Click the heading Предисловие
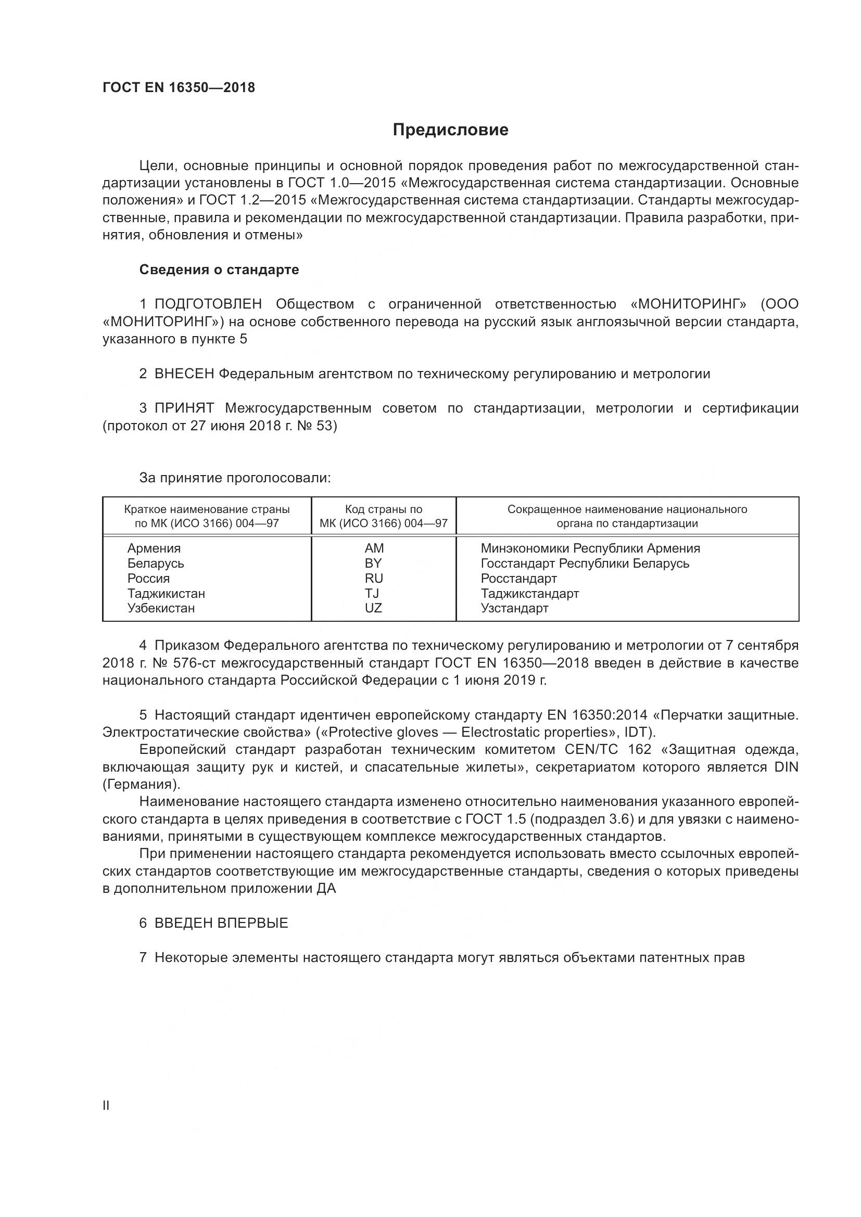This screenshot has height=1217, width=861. (x=450, y=130)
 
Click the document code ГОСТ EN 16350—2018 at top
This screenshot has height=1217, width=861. (x=179, y=87)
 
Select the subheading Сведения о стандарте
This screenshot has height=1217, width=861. (x=219, y=270)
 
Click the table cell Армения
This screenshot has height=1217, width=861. (x=154, y=548)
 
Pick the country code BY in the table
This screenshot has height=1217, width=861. (x=373, y=563)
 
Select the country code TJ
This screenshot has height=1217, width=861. (x=372, y=593)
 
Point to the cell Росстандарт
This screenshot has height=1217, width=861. (x=518, y=578)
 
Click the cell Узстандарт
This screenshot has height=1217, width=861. (x=514, y=608)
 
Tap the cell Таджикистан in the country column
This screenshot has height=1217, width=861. (x=166, y=593)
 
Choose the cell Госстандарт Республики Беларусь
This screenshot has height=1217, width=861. (x=585, y=563)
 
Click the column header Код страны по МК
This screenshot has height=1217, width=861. (x=383, y=516)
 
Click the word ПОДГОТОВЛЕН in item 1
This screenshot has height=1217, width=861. (x=208, y=304)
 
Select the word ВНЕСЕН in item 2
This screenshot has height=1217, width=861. (x=184, y=374)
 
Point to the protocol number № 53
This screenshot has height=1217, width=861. (x=317, y=426)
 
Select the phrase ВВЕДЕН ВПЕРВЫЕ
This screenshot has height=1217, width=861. (x=221, y=923)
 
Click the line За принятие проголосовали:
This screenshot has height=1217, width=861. (x=235, y=478)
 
